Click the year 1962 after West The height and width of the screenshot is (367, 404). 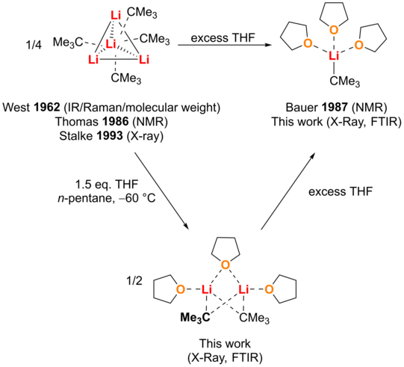(x=46, y=108)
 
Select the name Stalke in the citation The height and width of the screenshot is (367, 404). (x=76, y=135)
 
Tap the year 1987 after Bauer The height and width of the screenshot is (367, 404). (x=335, y=108)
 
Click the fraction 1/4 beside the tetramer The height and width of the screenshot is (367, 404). (x=34, y=46)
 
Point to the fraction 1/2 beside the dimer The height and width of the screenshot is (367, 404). (x=134, y=281)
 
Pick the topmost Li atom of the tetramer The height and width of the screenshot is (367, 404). (x=116, y=16)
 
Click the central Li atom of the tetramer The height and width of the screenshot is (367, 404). (x=111, y=44)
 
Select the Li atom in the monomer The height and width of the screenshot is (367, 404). (x=334, y=56)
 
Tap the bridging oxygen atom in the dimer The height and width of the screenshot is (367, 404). (x=226, y=265)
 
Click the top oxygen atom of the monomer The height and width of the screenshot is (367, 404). (x=334, y=31)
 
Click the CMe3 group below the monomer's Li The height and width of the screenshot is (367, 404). (x=344, y=81)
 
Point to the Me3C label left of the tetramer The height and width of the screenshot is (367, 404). (x=68, y=43)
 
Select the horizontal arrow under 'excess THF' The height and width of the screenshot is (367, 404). (x=225, y=46)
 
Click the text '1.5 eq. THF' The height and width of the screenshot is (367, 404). (x=106, y=185)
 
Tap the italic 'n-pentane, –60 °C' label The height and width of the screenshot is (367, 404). (x=106, y=199)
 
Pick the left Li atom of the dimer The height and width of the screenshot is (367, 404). (x=206, y=289)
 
